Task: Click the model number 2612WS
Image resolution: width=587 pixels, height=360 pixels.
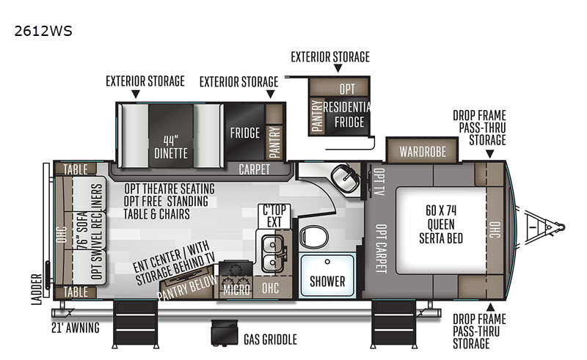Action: tap(43, 31)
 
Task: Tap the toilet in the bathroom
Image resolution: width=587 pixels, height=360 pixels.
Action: tap(314, 237)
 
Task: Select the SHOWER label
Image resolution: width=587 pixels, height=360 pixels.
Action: tap(327, 282)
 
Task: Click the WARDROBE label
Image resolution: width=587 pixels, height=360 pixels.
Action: tap(423, 152)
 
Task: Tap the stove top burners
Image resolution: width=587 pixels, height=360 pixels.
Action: tap(236, 276)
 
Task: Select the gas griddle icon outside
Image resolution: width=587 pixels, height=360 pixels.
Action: tap(225, 333)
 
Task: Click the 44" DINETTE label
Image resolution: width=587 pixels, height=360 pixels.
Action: tap(171, 147)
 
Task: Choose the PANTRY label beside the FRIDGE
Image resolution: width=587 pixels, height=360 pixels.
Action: tap(274, 142)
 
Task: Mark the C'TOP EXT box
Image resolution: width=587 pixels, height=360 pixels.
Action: tap(274, 216)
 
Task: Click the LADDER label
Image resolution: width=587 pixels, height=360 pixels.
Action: tap(36, 289)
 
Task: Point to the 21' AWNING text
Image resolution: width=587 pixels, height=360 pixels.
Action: tap(76, 328)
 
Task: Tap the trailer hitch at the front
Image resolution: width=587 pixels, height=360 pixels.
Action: tap(544, 227)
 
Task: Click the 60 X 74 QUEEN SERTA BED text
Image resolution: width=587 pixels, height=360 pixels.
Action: tap(441, 224)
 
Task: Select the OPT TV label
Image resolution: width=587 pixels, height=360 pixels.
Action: tap(379, 182)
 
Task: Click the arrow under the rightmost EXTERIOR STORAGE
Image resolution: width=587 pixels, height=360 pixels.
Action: tap(338, 67)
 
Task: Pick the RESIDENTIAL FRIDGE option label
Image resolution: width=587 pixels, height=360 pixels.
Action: tap(347, 114)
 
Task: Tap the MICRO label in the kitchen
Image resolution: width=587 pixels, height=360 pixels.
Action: tap(236, 290)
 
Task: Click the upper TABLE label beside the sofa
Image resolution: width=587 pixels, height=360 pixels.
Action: tap(76, 169)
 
